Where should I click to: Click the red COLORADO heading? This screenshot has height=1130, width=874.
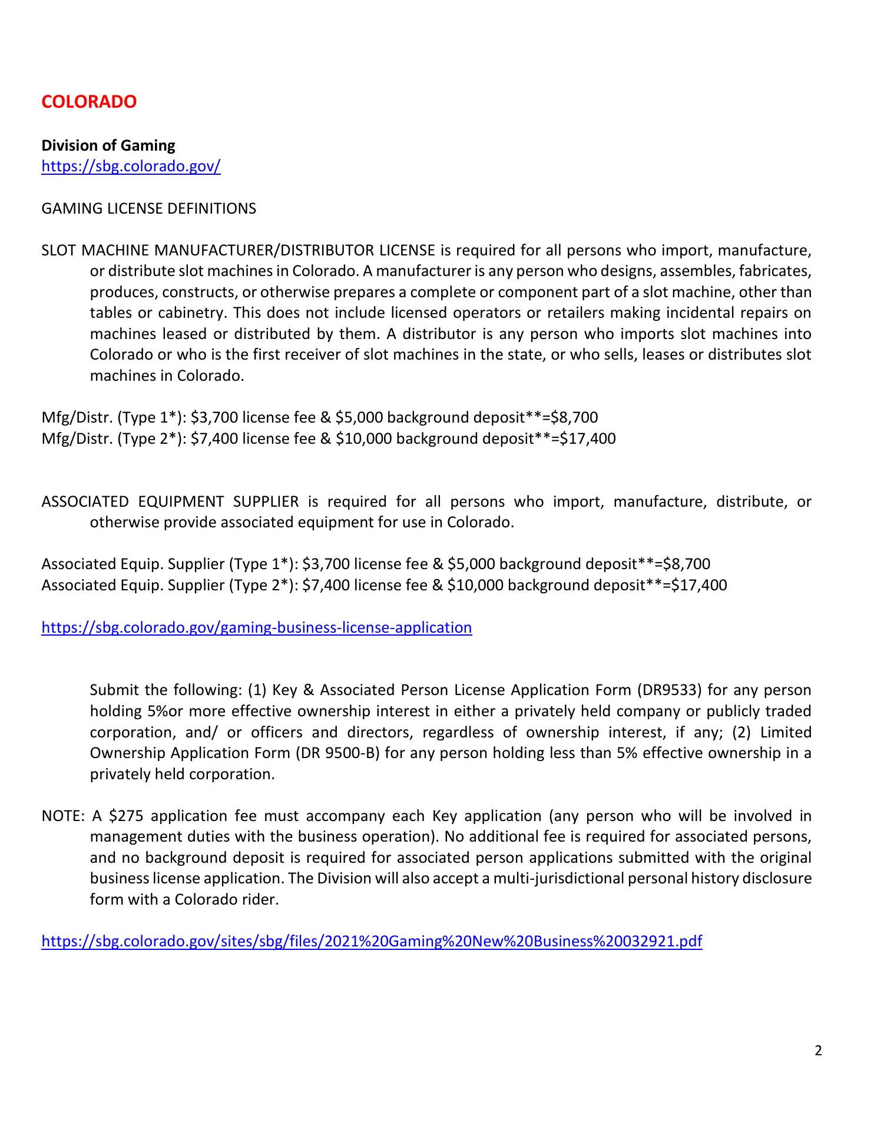[x=89, y=102]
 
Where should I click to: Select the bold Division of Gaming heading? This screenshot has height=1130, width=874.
[x=108, y=145]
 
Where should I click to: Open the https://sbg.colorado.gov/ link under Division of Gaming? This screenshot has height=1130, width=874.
[x=131, y=167]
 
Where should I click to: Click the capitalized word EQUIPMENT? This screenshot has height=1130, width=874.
[x=181, y=502]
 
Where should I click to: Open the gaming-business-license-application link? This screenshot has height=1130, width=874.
[x=257, y=627]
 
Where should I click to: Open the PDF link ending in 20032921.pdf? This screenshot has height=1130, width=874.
[x=372, y=942]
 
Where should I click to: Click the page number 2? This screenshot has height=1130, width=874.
[x=818, y=1051]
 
